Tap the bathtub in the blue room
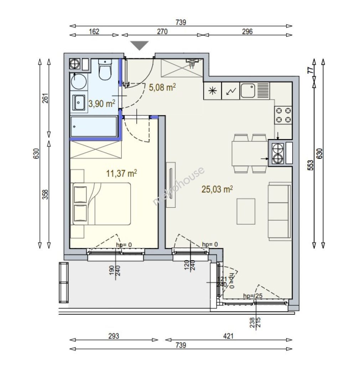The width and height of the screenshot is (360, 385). [93, 127]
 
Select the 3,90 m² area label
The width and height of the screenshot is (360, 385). [102, 104]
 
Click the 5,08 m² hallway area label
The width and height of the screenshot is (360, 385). [162, 87]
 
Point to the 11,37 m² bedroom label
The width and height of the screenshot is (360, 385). [121, 173]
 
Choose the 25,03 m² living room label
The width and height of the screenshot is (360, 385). [217, 189]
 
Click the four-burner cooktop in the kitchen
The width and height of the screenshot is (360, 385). [283, 115]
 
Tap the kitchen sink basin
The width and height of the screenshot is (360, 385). [248, 90]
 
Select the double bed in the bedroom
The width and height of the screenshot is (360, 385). [101, 204]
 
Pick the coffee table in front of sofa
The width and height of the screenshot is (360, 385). [246, 211]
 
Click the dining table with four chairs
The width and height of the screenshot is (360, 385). [250, 153]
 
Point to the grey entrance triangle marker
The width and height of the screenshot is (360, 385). [139, 45]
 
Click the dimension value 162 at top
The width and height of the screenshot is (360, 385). [94, 31]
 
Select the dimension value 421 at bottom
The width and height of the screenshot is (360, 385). [228, 336]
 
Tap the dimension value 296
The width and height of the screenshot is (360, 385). [247, 31]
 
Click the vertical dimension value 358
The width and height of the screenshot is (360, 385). [45, 194]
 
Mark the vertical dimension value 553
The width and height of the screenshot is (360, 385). [311, 165]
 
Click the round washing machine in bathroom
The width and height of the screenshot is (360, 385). [78, 81]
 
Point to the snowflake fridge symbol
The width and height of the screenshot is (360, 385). [212, 91]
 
